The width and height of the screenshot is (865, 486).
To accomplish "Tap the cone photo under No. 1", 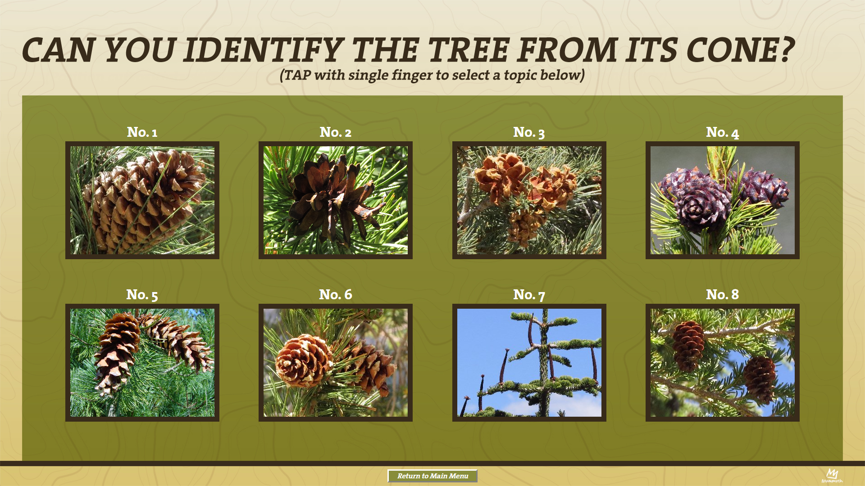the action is (142, 200).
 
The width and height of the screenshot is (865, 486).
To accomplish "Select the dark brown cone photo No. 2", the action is (336, 200).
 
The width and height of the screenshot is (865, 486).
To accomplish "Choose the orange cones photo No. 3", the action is (529, 200).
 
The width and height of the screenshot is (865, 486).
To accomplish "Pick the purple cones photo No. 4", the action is (723, 200).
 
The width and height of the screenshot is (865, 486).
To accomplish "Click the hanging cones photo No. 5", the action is (142, 363).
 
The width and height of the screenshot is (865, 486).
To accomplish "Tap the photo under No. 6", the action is (336, 363).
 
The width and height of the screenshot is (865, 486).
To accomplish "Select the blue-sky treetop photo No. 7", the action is (529, 363).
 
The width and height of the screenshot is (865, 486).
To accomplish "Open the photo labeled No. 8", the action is (723, 363).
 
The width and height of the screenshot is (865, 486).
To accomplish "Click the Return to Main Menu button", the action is (432, 476).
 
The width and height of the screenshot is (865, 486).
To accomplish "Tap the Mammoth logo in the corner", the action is (832, 475).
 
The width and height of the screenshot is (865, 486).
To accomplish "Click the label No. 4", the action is (723, 132).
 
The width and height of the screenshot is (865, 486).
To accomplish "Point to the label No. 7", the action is (529, 295).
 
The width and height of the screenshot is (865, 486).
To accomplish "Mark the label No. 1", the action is (142, 132).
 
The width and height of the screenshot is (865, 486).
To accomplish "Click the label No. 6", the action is (336, 295).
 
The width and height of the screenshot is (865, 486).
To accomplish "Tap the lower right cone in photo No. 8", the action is (760, 379).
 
